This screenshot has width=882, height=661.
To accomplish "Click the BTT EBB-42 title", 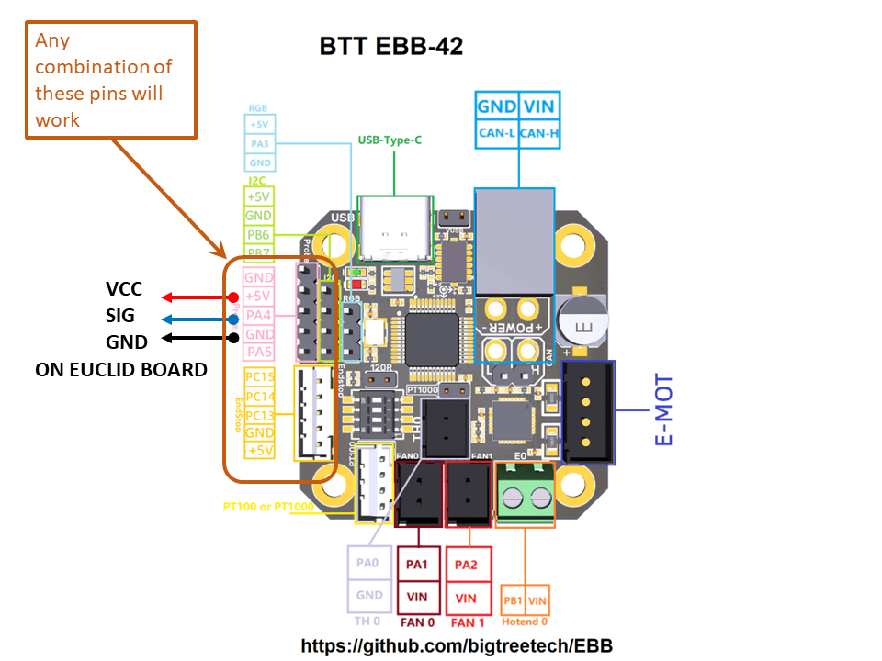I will (x=390, y=46).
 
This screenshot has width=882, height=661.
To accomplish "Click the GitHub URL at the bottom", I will (x=457, y=645).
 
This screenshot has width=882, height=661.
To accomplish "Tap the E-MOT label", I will (x=664, y=409).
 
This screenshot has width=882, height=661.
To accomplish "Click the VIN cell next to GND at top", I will (x=538, y=106).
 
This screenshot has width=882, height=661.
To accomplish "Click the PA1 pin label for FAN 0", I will (x=417, y=565).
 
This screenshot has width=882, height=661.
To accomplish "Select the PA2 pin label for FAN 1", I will (x=466, y=565).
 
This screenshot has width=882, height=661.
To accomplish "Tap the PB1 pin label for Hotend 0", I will (x=514, y=602).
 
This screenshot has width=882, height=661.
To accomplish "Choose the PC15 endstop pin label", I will (x=260, y=377).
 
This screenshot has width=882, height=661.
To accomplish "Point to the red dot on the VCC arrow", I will (x=233, y=297).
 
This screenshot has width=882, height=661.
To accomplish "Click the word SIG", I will (x=120, y=317).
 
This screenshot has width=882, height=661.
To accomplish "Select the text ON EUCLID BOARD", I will (x=121, y=369).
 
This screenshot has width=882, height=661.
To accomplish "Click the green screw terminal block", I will (x=526, y=496).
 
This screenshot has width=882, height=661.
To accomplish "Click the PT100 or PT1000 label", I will (x=268, y=507).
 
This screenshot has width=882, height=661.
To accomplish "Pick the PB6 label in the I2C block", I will (x=258, y=234).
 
